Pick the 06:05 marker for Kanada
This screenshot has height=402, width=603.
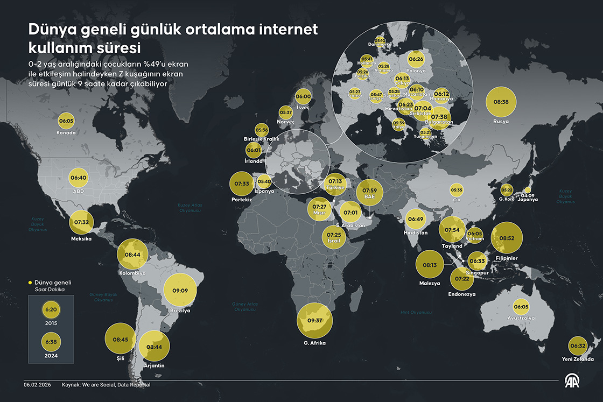pos(67,121)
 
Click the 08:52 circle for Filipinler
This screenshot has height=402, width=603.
pos(507,238)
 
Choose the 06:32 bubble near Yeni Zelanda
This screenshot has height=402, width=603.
pos(578,346)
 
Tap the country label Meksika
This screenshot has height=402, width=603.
pos(81,238)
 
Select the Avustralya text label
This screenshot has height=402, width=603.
pos(521,318)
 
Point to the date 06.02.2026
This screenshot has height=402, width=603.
pos(37,385)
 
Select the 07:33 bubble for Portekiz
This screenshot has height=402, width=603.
pos(242,184)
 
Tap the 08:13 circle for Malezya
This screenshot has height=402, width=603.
pos(430,265)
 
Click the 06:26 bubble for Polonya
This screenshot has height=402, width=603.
pos(416,59)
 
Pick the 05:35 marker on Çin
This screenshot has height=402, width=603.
pos(457,190)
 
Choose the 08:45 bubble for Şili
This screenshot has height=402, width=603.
pos(121,340)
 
